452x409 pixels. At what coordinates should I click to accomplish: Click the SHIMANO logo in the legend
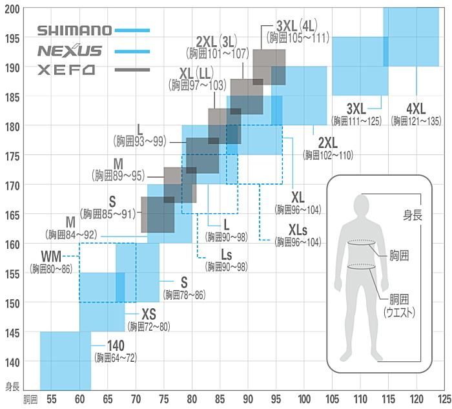74,30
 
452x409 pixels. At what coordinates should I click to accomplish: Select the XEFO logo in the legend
66,69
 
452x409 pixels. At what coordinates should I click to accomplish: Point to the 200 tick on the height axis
12,8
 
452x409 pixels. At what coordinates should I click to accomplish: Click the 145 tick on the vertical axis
12,332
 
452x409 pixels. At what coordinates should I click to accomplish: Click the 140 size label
116,346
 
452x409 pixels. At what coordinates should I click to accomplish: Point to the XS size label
149,315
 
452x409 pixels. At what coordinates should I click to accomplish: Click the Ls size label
226,255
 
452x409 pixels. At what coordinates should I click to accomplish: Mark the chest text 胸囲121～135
415,121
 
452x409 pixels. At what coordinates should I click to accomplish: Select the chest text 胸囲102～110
327,154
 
